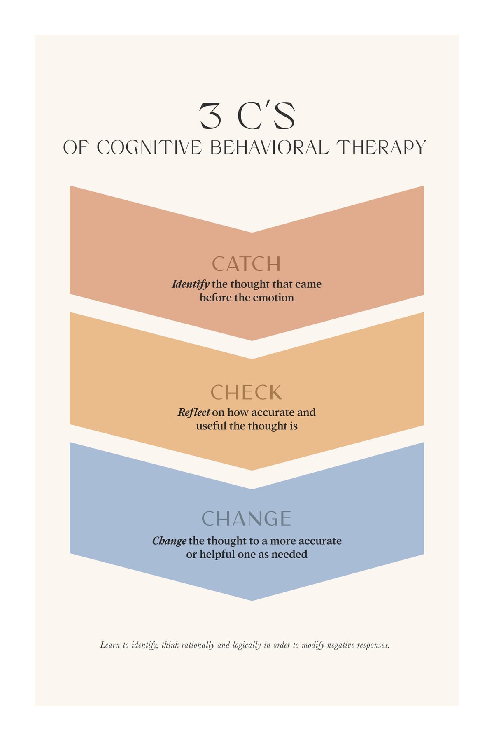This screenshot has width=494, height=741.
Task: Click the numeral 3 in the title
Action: tap(210, 115)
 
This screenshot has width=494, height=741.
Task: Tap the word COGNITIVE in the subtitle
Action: tap(149, 148)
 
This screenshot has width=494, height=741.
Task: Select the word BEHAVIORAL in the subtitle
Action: tap(270, 148)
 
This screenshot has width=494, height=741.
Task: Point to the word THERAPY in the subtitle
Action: tap(381, 148)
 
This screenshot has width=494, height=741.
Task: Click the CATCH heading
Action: tap(246, 264)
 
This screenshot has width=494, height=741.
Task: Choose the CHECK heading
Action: tap(246, 392)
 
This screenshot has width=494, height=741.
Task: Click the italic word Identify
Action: tap(191, 284)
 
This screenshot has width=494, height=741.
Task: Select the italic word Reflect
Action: tap(194, 412)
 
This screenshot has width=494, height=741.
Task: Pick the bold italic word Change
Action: tap(169, 541)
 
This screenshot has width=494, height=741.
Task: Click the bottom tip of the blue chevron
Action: tap(252, 601)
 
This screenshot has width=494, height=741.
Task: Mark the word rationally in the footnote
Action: tap(198, 645)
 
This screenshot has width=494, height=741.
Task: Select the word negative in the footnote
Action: tap(340, 645)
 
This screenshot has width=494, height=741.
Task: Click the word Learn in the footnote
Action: tap(110, 645)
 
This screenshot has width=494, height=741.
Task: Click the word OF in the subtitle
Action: tap(75, 148)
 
